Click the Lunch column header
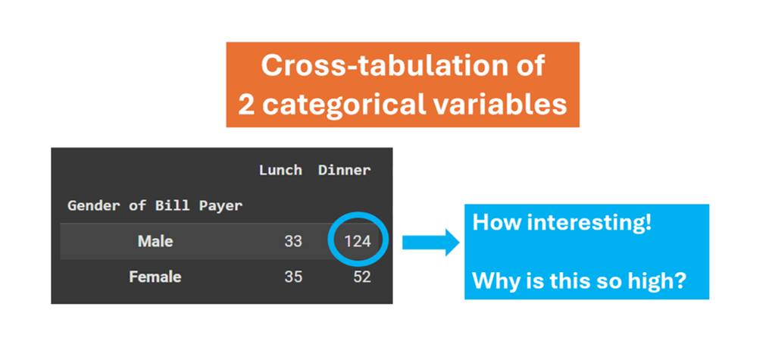(x=280, y=170)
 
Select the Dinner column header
(x=344, y=170)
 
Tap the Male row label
(x=155, y=242)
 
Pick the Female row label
(x=155, y=277)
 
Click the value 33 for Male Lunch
(x=293, y=242)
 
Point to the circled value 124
(x=357, y=242)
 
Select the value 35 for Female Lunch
(x=293, y=277)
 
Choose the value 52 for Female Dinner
(x=361, y=277)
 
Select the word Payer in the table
(x=223, y=205)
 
